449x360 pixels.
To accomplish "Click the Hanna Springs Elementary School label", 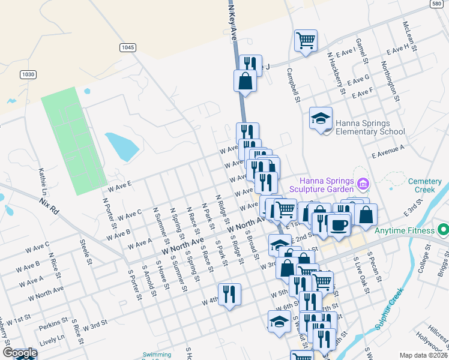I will pos(370,127).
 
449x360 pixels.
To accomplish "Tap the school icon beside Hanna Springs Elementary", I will pos(321,118).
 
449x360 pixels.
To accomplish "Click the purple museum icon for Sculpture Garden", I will pos(363,182).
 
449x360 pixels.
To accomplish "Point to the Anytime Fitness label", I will pos(404,230).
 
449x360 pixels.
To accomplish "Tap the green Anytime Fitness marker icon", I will pos(443,230).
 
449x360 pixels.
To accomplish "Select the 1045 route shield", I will pos(127,47).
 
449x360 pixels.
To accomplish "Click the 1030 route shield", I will pos(28,74).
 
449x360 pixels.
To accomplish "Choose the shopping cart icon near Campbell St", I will pos(306,41).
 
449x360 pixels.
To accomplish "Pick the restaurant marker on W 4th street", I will pos(229,294).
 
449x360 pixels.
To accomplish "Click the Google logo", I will pos(20,353).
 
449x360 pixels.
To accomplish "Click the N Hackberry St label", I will pos(336,73).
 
